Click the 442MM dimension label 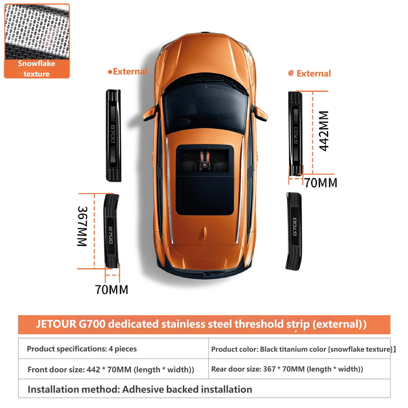click(324, 131)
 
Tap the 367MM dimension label click(82, 226)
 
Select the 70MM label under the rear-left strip click(111, 290)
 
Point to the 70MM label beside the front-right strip click(321, 183)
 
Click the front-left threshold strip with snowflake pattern click(113, 135)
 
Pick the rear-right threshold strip click(294, 231)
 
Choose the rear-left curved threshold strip click(111, 231)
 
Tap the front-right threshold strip click(295, 134)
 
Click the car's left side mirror click(150, 114)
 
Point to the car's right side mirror click(260, 114)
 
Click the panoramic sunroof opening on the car click(205, 180)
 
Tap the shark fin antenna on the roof click(205, 233)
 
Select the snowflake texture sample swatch click(37, 32)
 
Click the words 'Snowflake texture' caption click(36, 69)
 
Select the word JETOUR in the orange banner click(56, 324)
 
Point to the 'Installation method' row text click(140, 389)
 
